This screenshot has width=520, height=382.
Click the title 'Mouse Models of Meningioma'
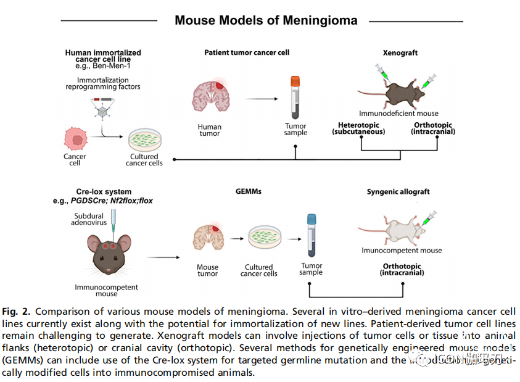click(x=265, y=20)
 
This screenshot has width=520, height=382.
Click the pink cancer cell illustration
click(x=76, y=139)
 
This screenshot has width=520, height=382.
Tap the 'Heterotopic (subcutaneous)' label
click(x=358, y=129)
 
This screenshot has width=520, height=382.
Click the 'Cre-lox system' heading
click(x=101, y=192)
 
